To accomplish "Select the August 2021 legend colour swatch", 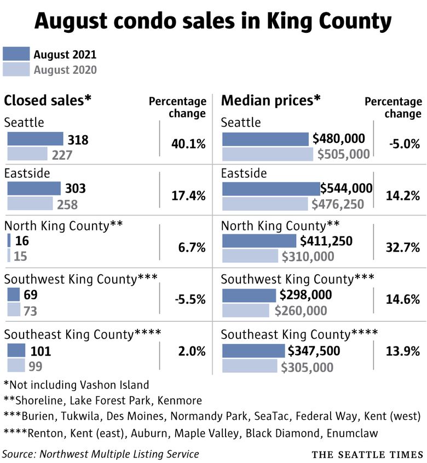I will click(x=16, y=54).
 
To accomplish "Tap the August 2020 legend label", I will click(x=65, y=70).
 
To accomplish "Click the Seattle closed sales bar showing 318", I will click(x=35, y=139).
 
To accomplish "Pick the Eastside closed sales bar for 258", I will click(x=30, y=205).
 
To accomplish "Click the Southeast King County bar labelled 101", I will click(x=16, y=350).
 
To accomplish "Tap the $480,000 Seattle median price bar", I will click(x=266, y=139).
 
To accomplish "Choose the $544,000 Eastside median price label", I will click(x=346, y=188).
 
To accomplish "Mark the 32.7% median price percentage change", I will click(x=404, y=247).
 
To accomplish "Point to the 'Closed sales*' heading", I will click(x=48, y=100).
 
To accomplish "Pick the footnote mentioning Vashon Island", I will click(x=76, y=384).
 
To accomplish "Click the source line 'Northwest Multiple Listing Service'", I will click(x=100, y=454).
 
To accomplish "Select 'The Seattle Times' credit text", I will click(x=367, y=455).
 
